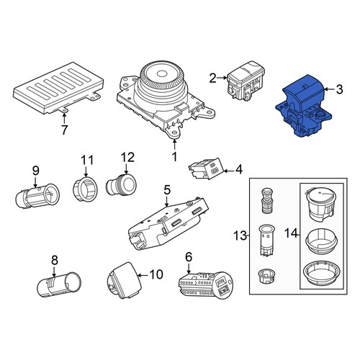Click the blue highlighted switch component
click(x=304, y=106)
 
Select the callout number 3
click(x=339, y=89)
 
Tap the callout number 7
click(x=64, y=130)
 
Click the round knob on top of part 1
click(x=162, y=77)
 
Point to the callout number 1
click(x=174, y=156)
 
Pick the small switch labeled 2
click(x=246, y=81)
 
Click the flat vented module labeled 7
click(x=58, y=89)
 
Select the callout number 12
click(x=127, y=158)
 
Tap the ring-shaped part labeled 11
click(x=85, y=190)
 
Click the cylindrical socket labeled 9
click(x=37, y=196)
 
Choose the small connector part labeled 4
click(x=206, y=168)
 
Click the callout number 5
click(x=167, y=190)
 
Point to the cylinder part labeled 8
click(x=59, y=285)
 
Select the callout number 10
click(x=156, y=274)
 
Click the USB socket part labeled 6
click(x=206, y=285)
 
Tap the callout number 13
click(x=240, y=235)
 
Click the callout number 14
click(x=291, y=233)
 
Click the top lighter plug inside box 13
click(x=266, y=200)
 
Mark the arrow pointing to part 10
click(x=143, y=275)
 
